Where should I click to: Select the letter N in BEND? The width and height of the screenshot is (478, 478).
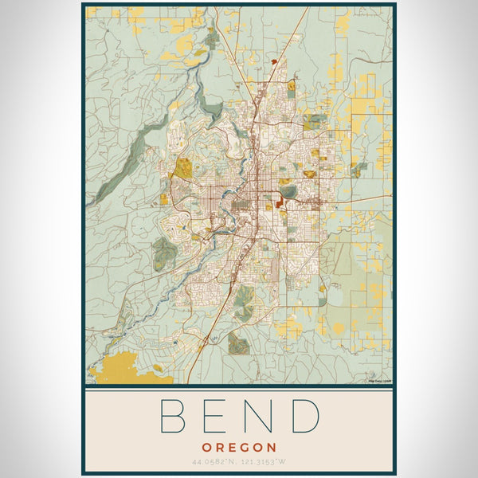pyautogui.click(x=260, y=416)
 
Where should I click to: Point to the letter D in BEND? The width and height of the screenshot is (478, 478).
pyautogui.click(x=305, y=416)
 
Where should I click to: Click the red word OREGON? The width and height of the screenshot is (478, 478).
pyautogui.click(x=239, y=448)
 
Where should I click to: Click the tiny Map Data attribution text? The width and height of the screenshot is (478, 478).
pyautogui.click(x=379, y=380)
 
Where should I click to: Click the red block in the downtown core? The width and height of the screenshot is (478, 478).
pyautogui.click(x=280, y=204)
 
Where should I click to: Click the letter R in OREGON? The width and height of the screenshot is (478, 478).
pyautogui.click(x=218, y=448)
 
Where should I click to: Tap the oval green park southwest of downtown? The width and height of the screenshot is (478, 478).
pyautogui.click(x=164, y=253)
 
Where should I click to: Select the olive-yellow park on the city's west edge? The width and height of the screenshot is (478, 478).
pyautogui.click(x=184, y=168)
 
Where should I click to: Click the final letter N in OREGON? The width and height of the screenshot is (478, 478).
pyautogui.click(x=272, y=448)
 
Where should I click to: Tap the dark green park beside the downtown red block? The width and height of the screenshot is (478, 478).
pyautogui.click(x=288, y=191)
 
